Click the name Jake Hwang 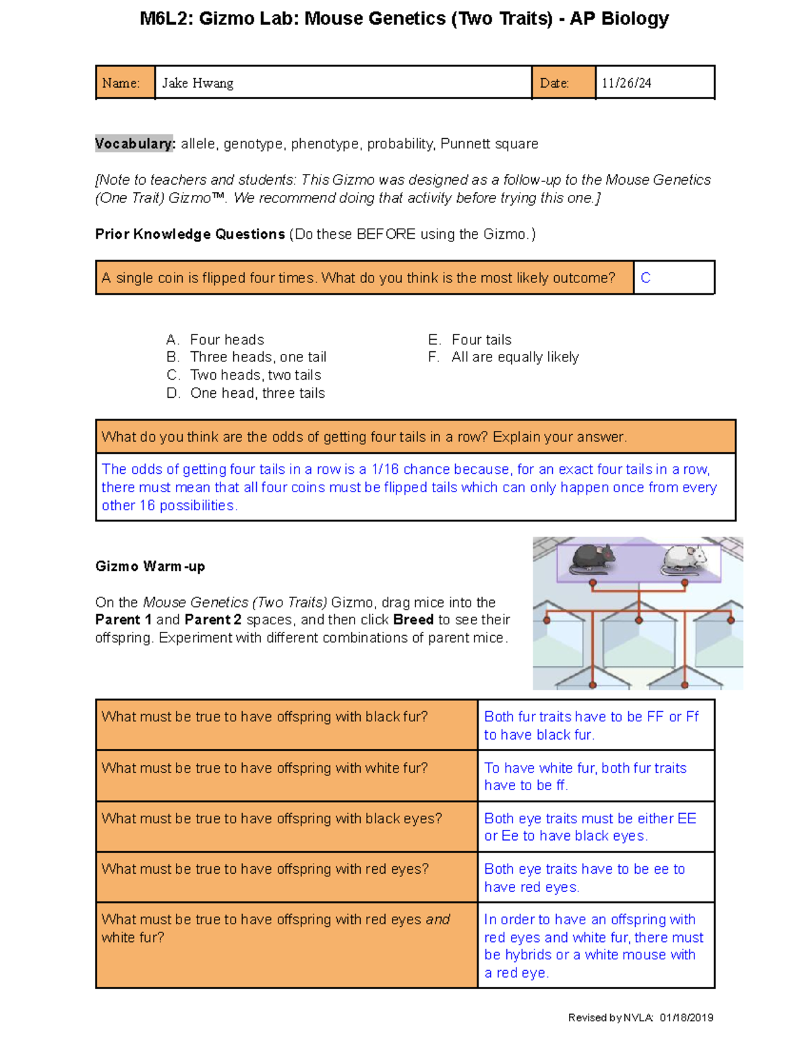[x=198, y=83]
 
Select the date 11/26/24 [x=626, y=83]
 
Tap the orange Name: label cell [x=125, y=83]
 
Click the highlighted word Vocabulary [x=134, y=144]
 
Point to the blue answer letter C [x=645, y=278]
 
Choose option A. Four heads [x=215, y=340]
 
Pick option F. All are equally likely [x=504, y=357]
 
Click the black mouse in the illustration [x=593, y=558]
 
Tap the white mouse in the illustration [x=684, y=560]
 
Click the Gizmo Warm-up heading [x=150, y=566]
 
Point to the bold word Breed [x=413, y=620]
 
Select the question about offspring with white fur [x=264, y=768]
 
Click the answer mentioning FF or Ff [x=591, y=725]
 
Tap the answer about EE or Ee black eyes [x=590, y=827]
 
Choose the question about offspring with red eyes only [x=265, y=869]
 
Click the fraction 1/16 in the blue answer [x=386, y=469]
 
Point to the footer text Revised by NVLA [x=610, y=1017]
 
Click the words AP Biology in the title [x=619, y=19]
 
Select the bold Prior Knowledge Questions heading [x=190, y=234]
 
